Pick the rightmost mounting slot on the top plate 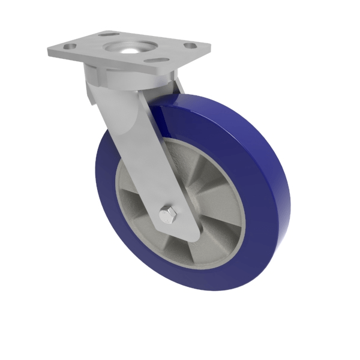pyautogui.click(x=190, y=46)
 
